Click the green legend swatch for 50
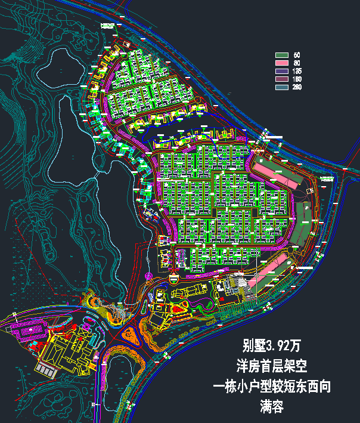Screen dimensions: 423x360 tap(281, 55)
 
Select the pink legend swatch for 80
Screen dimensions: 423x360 tap(281, 63)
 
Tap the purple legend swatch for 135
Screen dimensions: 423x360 tap(281, 71)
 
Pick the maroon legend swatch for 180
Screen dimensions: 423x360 tap(281, 79)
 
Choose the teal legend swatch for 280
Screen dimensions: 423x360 tap(281, 87)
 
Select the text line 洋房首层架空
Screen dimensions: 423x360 tap(271, 366)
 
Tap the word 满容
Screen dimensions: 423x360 tap(271, 407)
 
